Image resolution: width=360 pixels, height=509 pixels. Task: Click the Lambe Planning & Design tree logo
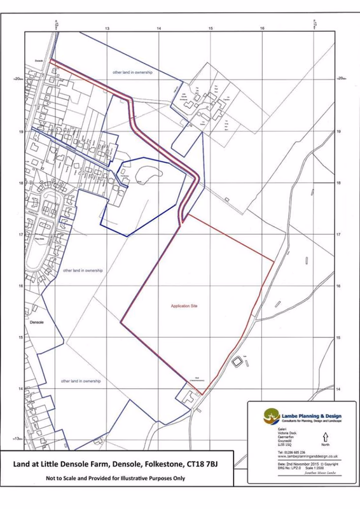pyautogui.click(x=271, y=417)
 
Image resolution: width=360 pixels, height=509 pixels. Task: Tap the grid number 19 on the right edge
pyautogui.click(x=339, y=132)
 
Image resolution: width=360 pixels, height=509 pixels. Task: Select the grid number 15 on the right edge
pyautogui.click(x=339, y=338)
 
